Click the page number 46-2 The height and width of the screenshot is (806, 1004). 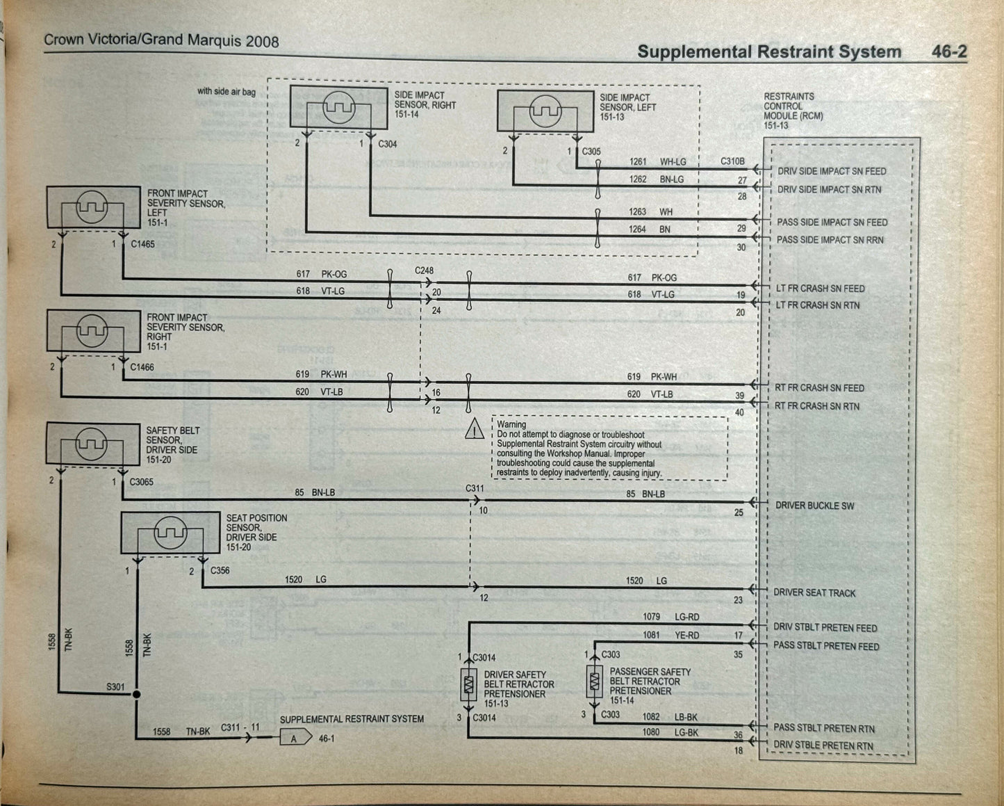[x=948, y=51]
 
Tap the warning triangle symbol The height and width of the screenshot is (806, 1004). [x=475, y=430]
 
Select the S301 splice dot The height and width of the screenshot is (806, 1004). [x=137, y=694]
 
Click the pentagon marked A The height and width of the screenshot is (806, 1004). [x=295, y=738]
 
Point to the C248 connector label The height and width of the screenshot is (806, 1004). [x=425, y=270]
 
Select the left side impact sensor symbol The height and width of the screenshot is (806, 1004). [x=545, y=111]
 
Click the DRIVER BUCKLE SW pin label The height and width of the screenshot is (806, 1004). [x=814, y=506]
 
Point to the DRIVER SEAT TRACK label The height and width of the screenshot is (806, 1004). [x=814, y=593]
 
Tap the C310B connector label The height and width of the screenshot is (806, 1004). [x=732, y=161]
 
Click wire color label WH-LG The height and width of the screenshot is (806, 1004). [x=672, y=162]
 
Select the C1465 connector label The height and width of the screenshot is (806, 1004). [x=142, y=244]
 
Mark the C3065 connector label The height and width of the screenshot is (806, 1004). [x=141, y=482]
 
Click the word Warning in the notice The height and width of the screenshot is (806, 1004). [x=511, y=424]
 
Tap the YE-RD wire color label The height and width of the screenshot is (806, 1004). [x=686, y=635]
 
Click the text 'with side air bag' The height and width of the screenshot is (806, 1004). [x=226, y=91]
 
